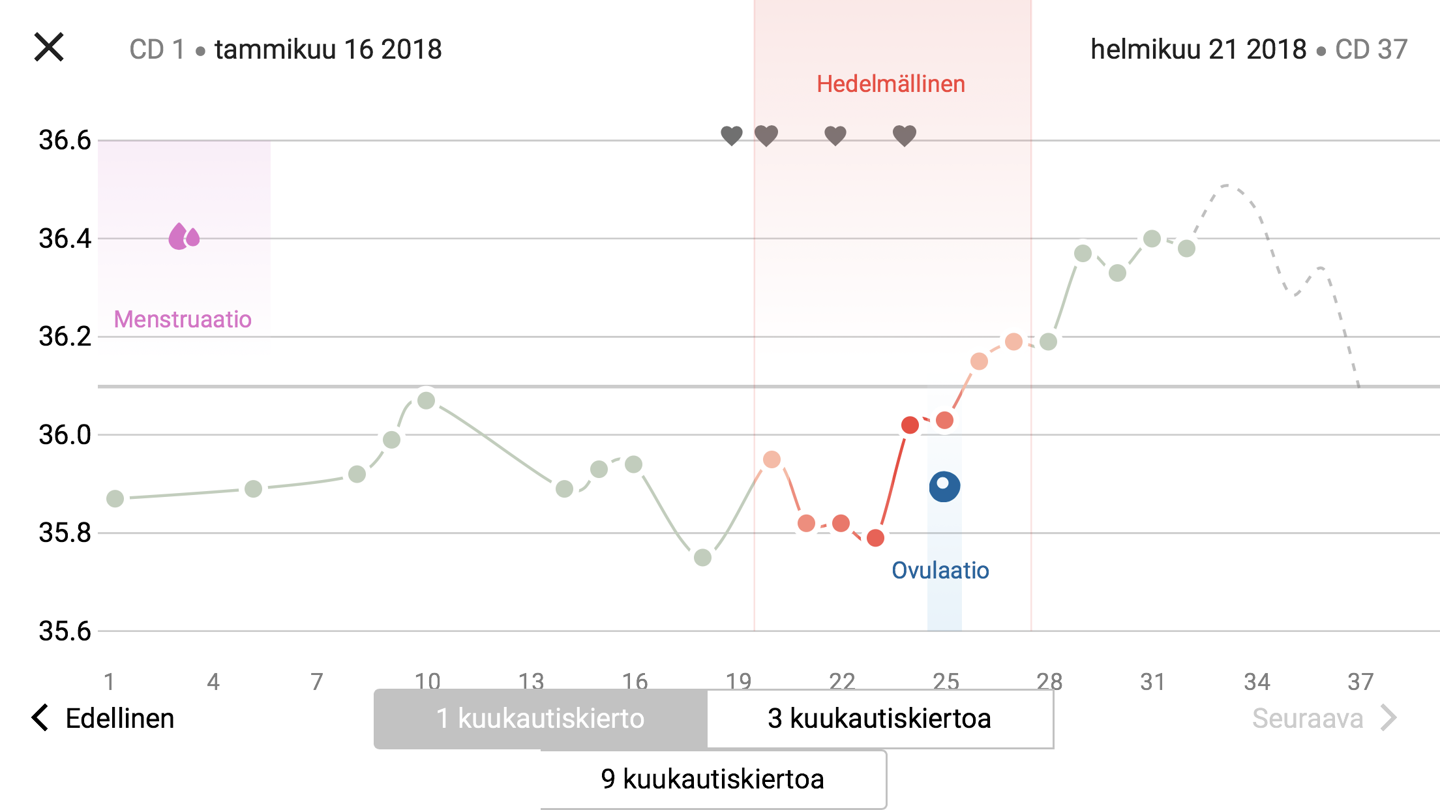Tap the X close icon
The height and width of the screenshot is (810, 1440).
click(49, 47)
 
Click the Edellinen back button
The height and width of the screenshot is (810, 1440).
click(104, 718)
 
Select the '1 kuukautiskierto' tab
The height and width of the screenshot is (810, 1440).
click(540, 719)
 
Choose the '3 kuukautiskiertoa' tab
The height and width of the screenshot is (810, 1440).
click(879, 719)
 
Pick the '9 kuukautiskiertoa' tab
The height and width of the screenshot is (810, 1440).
click(712, 779)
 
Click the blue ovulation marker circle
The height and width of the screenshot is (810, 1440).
click(944, 487)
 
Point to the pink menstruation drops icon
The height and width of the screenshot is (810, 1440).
click(184, 237)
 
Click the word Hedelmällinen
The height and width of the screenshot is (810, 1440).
click(891, 84)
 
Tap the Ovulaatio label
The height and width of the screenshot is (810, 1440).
click(940, 571)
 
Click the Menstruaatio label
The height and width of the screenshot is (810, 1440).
click(183, 320)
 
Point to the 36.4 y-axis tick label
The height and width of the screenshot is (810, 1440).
click(65, 239)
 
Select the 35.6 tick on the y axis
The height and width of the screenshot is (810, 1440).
click(65, 631)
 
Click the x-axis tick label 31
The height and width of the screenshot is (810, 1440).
click(1152, 682)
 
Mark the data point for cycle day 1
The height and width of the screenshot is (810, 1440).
click(115, 499)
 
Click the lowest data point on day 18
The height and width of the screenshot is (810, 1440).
click(702, 558)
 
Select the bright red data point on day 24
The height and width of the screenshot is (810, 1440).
click(910, 425)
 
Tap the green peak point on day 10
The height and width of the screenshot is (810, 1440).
click(426, 400)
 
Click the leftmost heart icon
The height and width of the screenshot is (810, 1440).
click(732, 136)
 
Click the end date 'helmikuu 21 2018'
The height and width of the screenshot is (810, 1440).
click(1198, 50)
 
